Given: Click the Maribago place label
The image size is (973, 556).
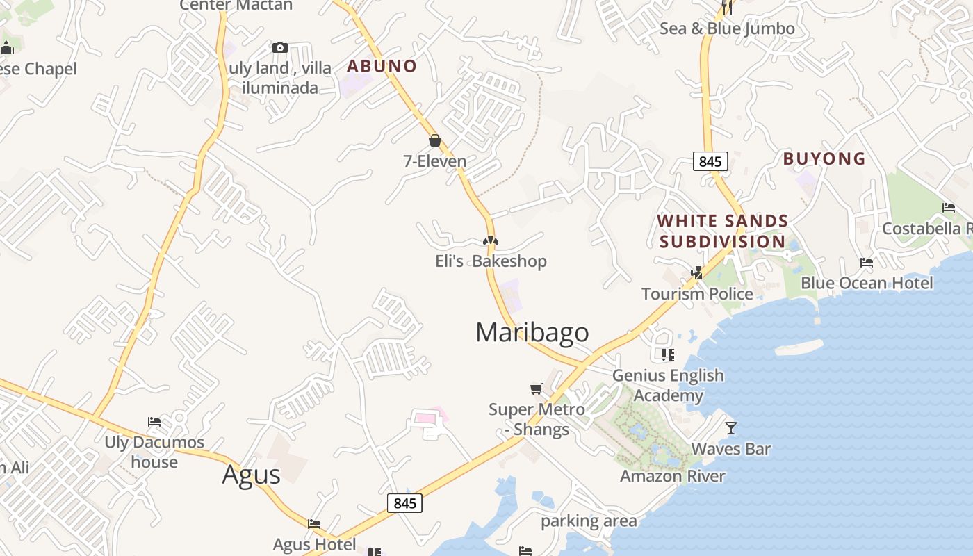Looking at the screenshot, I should click(532, 332).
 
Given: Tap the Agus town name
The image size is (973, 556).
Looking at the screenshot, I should click(251, 475).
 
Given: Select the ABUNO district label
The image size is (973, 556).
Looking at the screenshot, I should click(382, 66).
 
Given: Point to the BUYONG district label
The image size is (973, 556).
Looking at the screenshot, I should click(824, 158).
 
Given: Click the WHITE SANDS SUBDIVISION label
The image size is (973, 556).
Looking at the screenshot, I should click(723, 231).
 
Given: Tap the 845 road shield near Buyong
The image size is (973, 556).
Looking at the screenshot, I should click(710, 161).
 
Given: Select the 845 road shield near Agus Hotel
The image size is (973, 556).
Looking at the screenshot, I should click(404, 503).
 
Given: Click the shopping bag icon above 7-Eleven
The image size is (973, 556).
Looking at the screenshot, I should click(435, 141).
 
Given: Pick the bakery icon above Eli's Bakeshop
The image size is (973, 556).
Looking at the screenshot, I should click(491, 241).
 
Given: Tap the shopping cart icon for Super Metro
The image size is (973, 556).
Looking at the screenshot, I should click(536, 389).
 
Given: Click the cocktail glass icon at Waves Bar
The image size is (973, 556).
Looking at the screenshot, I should click(730, 427).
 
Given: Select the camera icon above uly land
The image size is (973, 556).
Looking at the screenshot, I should click(280, 48).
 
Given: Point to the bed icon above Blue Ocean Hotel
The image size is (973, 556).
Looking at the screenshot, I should click(866, 263).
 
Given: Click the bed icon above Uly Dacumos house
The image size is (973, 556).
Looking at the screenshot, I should click(154, 422).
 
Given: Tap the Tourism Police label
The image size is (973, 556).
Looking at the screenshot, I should click(697, 294).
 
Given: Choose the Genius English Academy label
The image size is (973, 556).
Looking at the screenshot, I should click(668, 386).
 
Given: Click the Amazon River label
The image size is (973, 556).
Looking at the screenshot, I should click(672, 476).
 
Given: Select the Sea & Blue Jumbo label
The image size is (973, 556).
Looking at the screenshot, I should click(727, 28).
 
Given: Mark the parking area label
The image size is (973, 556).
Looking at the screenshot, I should click(588, 521).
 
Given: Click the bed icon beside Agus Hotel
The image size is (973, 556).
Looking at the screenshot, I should click(314, 524).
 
